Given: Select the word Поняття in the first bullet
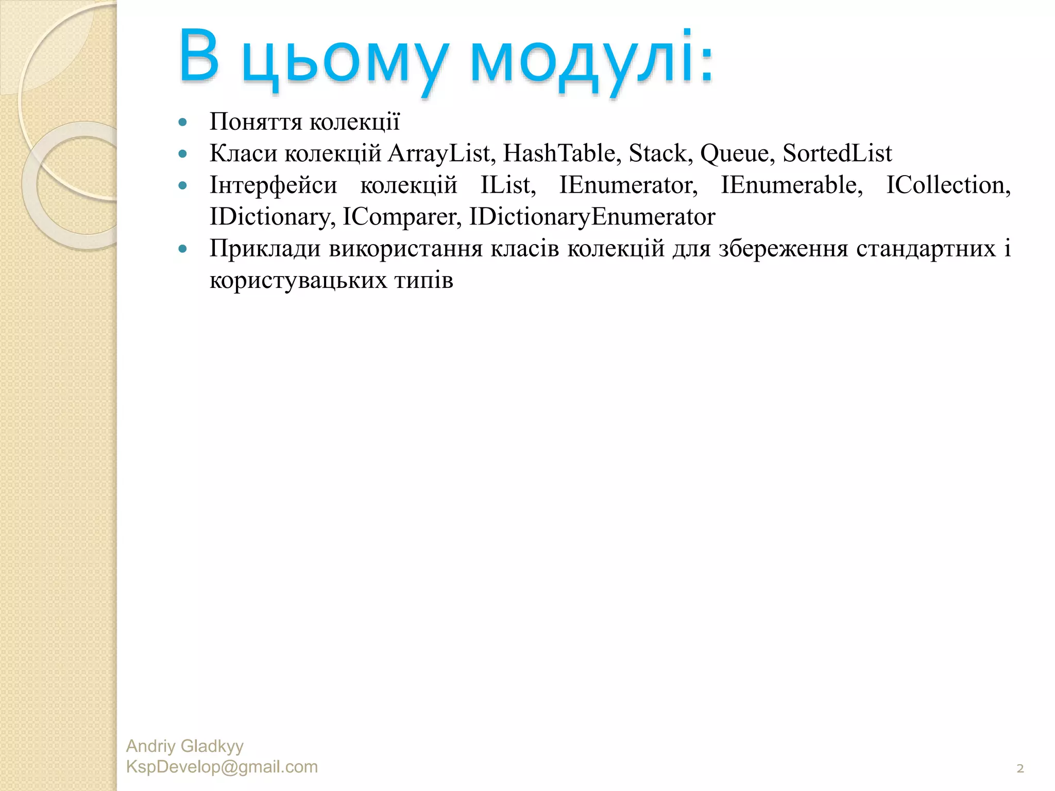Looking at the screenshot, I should pyautogui.click(x=256, y=122).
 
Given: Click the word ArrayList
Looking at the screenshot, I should pyautogui.click(x=439, y=153).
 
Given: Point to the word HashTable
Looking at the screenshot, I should pyautogui.click(x=559, y=153).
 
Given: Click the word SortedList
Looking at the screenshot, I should pyautogui.click(x=837, y=153).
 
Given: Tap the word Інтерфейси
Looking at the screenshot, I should pyautogui.click(x=273, y=185).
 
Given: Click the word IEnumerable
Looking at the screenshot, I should pyautogui.click(x=791, y=185).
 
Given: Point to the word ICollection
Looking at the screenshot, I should pyautogui.click(x=947, y=185).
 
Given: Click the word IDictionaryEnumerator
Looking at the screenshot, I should pyautogui.click(x=592, y=217).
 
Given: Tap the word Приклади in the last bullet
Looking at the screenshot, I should pyautogui.click(x=265, y=249).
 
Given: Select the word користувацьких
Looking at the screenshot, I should pyautogui.click(x=298, y=281).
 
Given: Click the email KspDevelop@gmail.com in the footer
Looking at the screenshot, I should pyautogui.click(x=222, y=767).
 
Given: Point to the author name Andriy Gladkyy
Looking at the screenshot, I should pyautogui.click(x=184, y=746).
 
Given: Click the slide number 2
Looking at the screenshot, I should pyautogui.click(x=1020, y=769).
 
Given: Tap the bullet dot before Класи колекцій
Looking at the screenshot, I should pyautogui.click(x=182, y=154).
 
